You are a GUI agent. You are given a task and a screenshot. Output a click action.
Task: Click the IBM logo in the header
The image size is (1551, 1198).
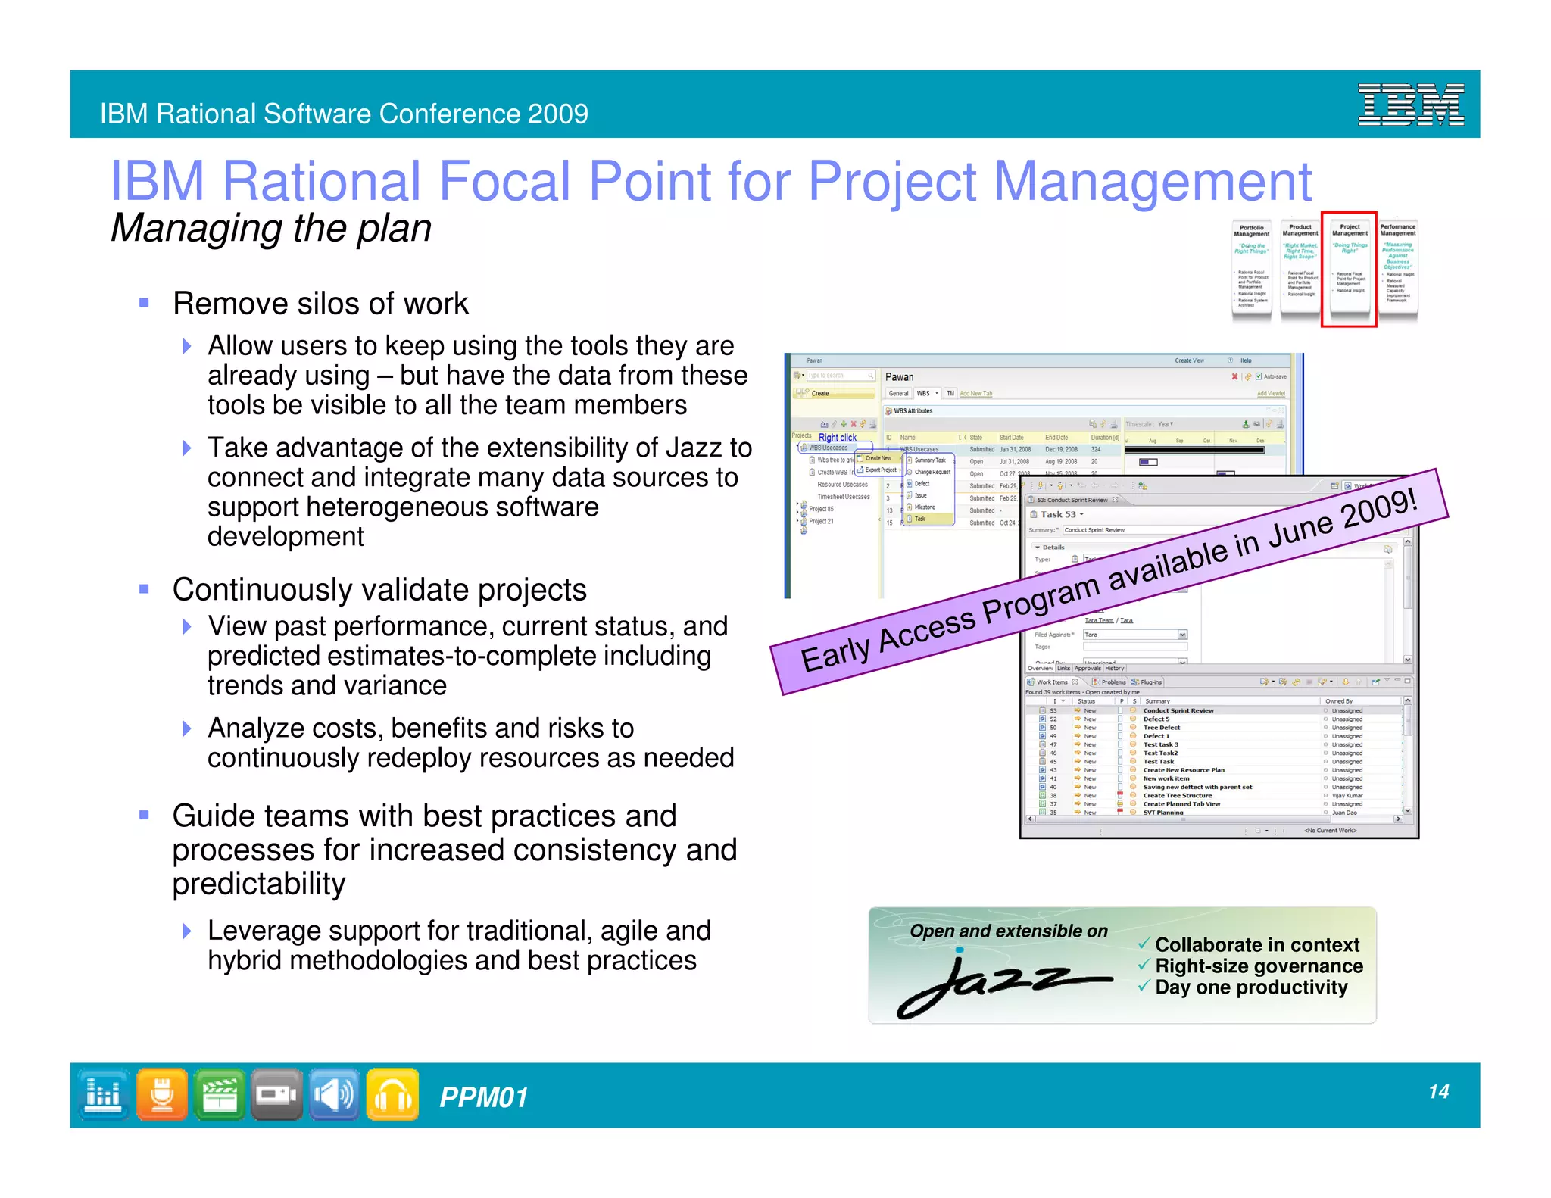pos(1410,105)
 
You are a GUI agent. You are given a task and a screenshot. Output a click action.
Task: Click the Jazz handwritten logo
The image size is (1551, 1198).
pos(1003,984)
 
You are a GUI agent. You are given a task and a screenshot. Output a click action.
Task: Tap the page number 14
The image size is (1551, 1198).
pos(1438,1091)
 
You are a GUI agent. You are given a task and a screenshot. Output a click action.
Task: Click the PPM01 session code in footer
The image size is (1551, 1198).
pos(483,1097)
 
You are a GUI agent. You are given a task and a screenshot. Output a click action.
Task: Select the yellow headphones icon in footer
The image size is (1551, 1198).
pos(392,1094)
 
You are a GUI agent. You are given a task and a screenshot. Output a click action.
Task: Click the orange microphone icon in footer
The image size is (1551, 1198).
pos(161,1094)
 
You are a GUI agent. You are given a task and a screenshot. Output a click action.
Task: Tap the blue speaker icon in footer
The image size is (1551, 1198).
pos(334,1094)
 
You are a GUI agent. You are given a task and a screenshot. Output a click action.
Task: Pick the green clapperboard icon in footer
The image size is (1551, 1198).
pos(219,1094)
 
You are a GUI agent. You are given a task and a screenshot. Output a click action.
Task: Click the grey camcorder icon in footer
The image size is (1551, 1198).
pos(276,1094)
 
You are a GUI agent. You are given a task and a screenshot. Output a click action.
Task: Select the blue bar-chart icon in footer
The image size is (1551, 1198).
pos(103,1094)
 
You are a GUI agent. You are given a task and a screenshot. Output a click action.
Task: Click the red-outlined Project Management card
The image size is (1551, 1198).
pos(1349,269)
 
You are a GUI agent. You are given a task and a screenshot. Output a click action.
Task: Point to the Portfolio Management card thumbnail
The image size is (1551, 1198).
pos(1251,269)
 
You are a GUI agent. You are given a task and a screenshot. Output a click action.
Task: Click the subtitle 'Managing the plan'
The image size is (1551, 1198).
pos(270,228)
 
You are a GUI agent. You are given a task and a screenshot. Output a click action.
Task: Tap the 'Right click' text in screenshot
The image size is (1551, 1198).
pos(837,438)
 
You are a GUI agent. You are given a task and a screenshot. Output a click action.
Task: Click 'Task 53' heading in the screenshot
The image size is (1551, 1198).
pos(1058,514)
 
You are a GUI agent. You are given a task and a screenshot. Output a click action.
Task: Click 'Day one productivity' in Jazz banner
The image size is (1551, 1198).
pos(1250,987)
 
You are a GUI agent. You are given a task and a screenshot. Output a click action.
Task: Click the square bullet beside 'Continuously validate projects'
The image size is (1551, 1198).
pos(144,589)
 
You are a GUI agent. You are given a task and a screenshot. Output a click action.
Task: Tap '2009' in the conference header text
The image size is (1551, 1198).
pos(557,114)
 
